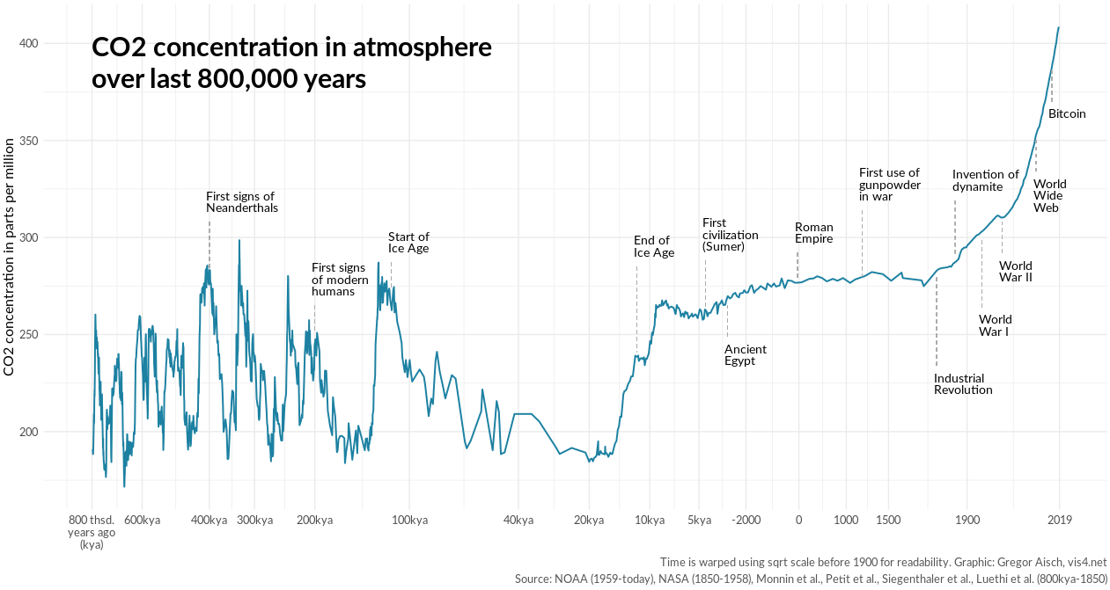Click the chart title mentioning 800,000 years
pos(290,63)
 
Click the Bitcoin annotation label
pos(1067,114)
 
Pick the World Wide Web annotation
pos(1049,196)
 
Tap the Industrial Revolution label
pos(963,384)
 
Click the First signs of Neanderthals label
pos(241,202)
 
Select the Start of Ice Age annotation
pos(408,243)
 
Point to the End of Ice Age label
pos(654,246)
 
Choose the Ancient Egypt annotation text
pos(745,355)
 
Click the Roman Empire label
pos(813,233)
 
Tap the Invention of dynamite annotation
pos(985,180)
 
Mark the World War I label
pos(995,325)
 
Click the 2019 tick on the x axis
pos(1059,520)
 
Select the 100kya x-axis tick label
pos(409,520)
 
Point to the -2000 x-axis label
pos(746,520)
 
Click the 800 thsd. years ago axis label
pos(92,532)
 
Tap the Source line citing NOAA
pos(810,579)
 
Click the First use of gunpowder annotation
pos(889,185)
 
